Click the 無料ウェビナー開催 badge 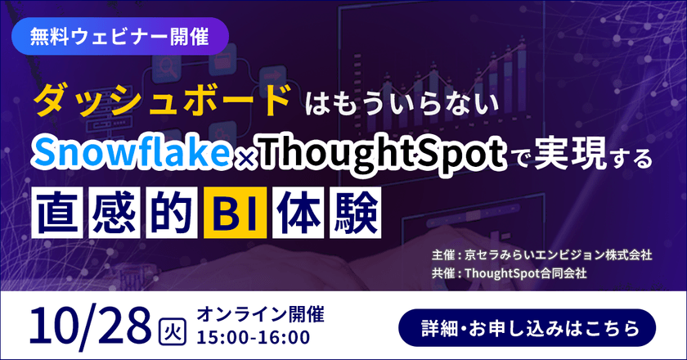(121, 37)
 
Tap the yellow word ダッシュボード (162, 101)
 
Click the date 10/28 (91, 325)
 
